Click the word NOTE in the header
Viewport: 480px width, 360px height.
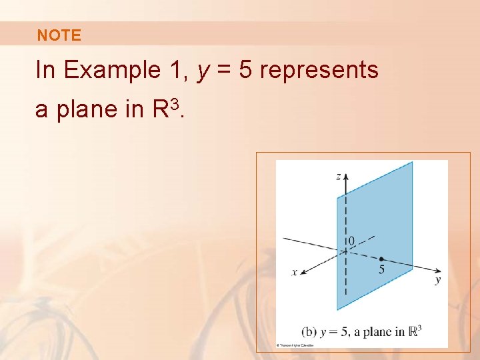59,36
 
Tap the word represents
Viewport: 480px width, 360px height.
319,69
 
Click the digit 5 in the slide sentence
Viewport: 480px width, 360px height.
245,69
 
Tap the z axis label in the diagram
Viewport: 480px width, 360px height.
339,176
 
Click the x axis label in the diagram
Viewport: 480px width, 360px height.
294,272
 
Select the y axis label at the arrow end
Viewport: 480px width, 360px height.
437,281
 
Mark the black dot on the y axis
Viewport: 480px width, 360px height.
381,259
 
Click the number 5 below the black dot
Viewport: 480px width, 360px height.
381,270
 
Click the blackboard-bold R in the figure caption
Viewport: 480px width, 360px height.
413,330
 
